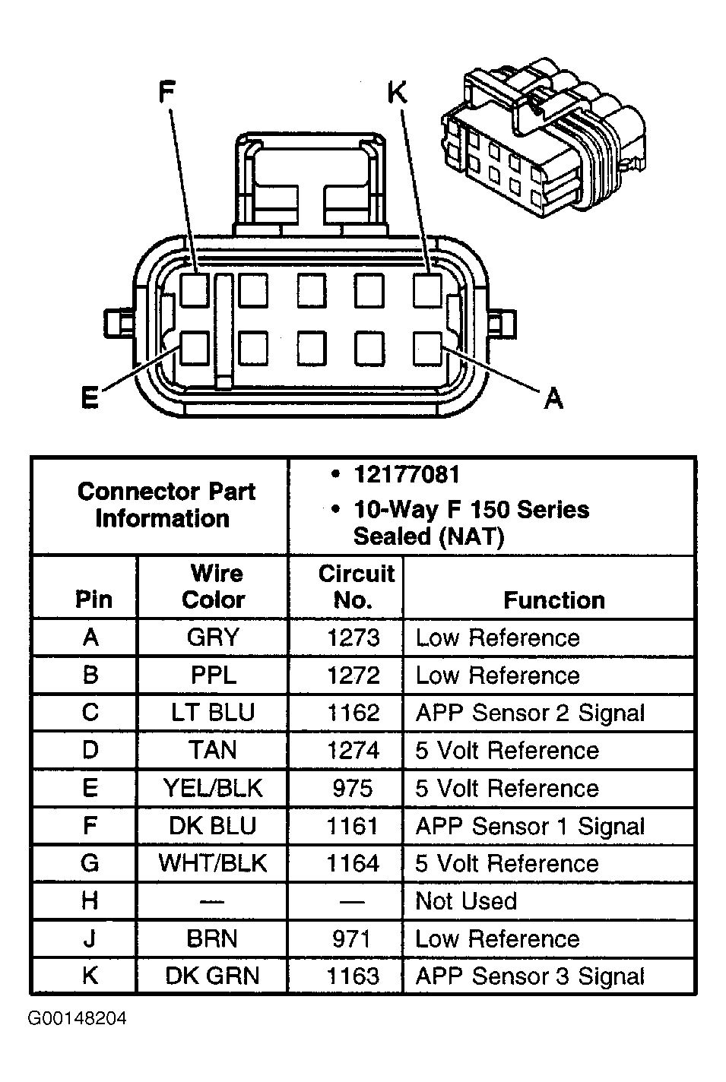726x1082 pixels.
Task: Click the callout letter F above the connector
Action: pyautogui.click(x=166, y=93)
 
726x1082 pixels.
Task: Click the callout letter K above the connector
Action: pyautogui.click(x=397, y=93)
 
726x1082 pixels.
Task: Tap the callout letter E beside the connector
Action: pyautogui.click(x=90, y=398)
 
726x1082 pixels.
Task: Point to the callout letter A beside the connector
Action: pyautogui.click(x=553, y=397)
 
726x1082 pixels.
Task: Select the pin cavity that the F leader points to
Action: pyautogui.click(x=195, y=290)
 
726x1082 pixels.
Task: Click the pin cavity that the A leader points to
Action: pyautogui.click(x=427, y=349)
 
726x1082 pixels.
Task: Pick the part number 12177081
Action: pyautogui.click(x=406, y=475)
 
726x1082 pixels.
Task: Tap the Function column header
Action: pyautogui.click(x=553, y=600)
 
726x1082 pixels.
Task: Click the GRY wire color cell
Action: pyautogui.click(x=213, y=637)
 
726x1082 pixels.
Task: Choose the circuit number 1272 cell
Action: pyautogui.click(x=353, y=675)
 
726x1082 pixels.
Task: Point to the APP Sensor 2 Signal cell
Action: pyautogui.click(x=530, y=713)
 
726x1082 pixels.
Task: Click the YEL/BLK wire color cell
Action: pyautogui.click(x=213, y=788)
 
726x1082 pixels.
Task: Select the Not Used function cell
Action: pyautogui.click(x=466, y=901)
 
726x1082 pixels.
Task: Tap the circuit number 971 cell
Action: pyautogui.click(x=352, y=938)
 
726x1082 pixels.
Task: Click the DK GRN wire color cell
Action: pyautogui.click(x=213, y=976)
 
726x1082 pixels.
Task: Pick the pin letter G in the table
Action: pyautogui.click(x=90, y=863)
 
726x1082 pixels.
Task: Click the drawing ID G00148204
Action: pyautogui.click(x=78, y=1018)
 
